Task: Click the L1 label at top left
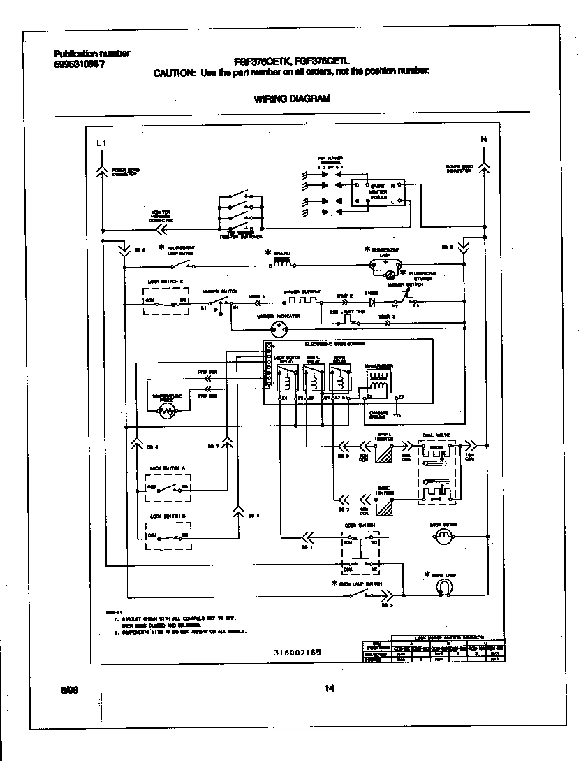click(102, 143)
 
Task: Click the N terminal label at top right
click(483, 139)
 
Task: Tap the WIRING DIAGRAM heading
click(292, 99)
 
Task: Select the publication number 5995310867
click(80, 64)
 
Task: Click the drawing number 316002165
click(298, 651)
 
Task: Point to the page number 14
click(330, 689)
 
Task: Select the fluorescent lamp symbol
click(385, 263)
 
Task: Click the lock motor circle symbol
click(443, 537)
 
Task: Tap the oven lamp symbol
click(442, 588)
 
